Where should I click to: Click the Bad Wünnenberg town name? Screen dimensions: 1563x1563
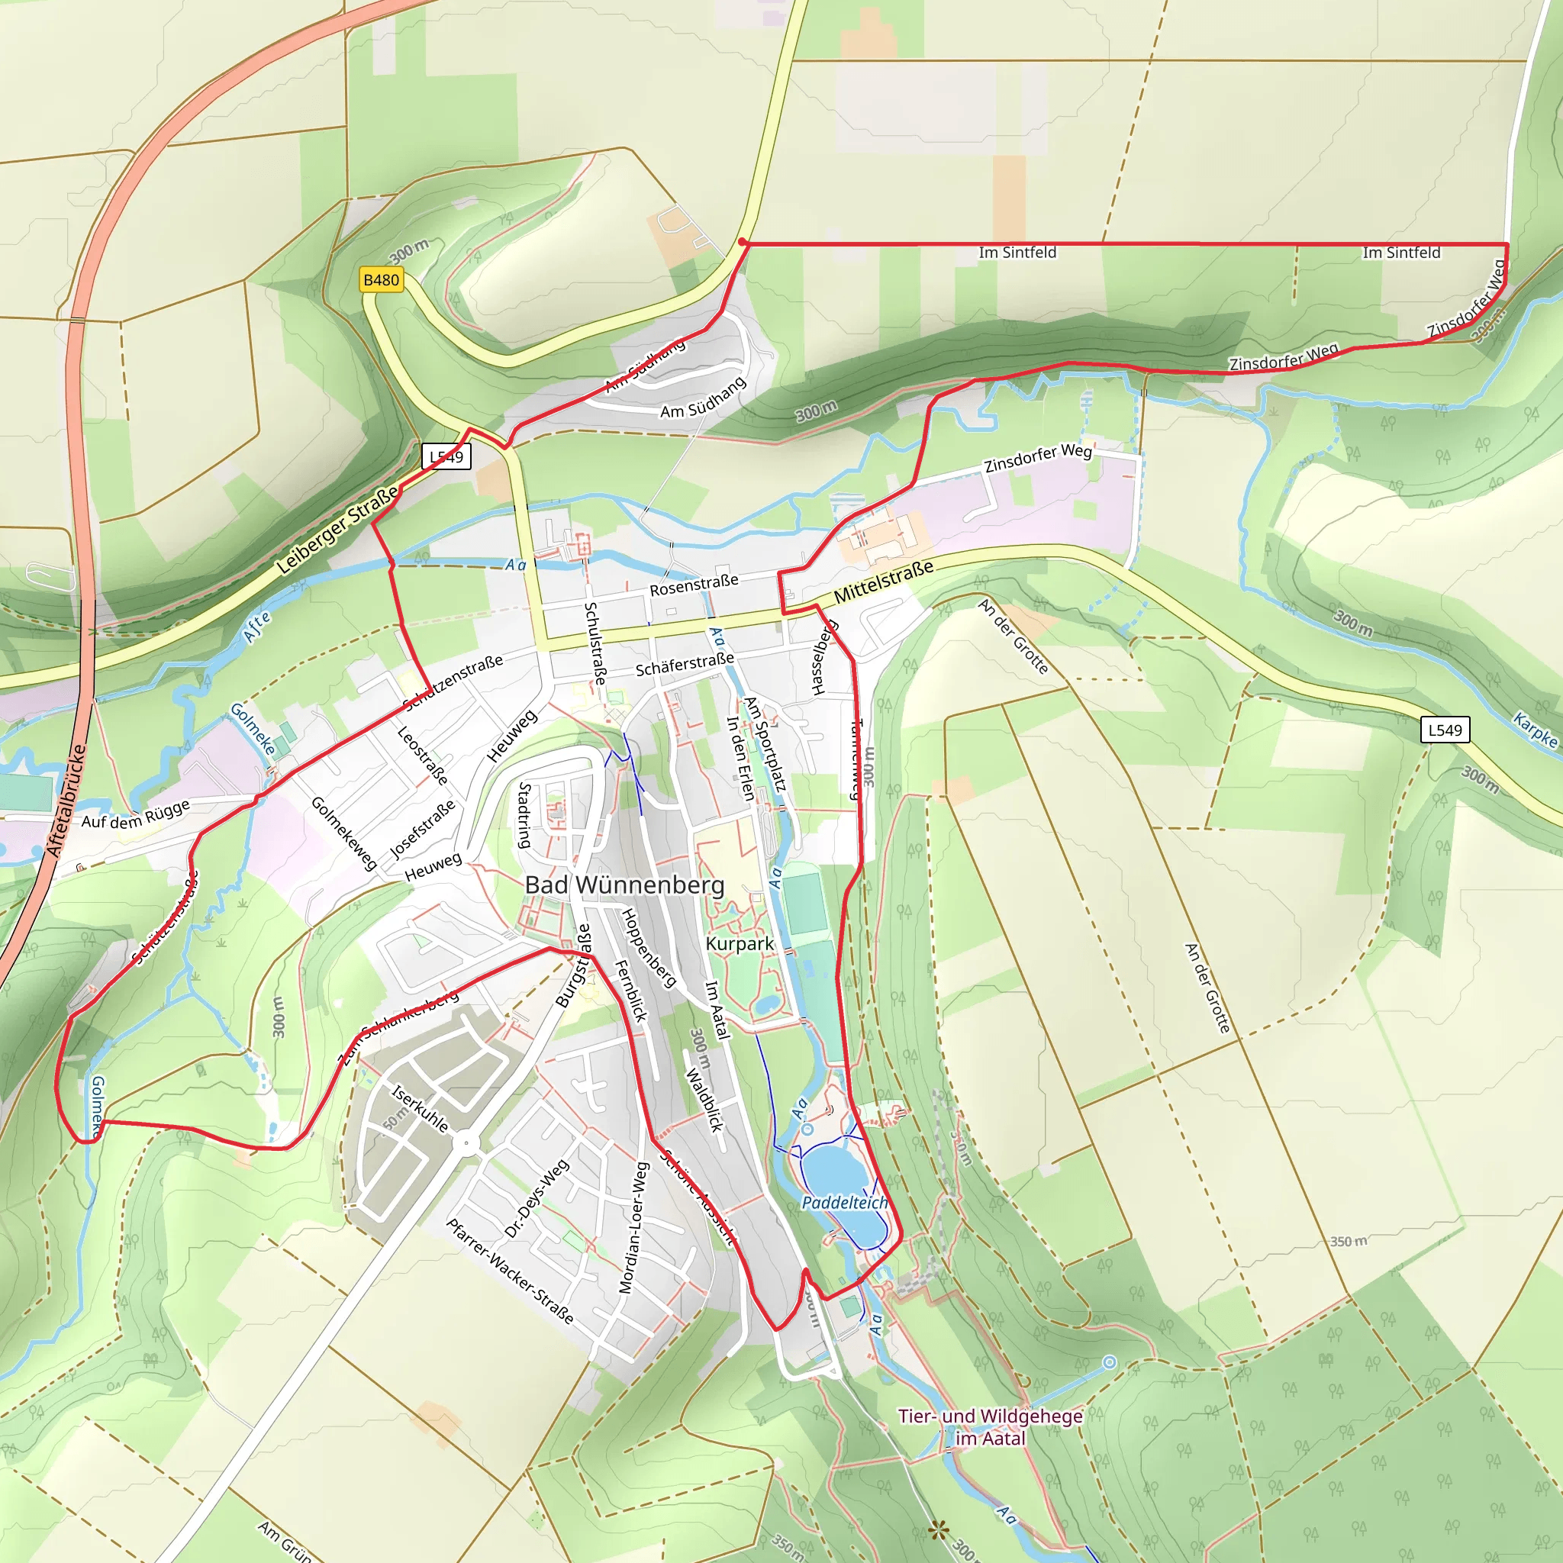[x=624, y=885]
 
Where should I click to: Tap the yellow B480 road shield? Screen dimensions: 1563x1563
[x=381, y=280]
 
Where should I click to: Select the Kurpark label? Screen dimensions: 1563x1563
[x=740, y=943]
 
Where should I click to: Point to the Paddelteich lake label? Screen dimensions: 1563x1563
[x=845, y=1203]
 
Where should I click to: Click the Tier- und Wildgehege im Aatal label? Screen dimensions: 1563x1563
[x=990, y=1427]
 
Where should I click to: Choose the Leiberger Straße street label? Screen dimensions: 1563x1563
[x=337, y=530]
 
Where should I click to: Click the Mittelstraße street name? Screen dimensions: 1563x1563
[x=884, y=581]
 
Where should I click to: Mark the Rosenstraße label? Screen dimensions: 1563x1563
[x=694, y=585]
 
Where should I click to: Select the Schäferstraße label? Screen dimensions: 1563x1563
[x=685, y=665]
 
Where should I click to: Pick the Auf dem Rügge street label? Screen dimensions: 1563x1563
[x=135, y=814]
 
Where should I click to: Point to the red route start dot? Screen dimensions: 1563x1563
[x=743, y=242]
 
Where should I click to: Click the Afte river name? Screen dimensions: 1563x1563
[x=257, y=627]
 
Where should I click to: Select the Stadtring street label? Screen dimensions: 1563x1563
[x=525, y=816]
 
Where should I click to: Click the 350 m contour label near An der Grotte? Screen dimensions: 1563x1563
[x=1349, y=1241]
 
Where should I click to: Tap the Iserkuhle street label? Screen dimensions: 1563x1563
[x=420, y=1108]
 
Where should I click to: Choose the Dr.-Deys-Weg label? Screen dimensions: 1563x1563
[x=537, y=1200]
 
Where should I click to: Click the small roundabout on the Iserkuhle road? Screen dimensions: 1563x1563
[x=466, y=1143]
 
